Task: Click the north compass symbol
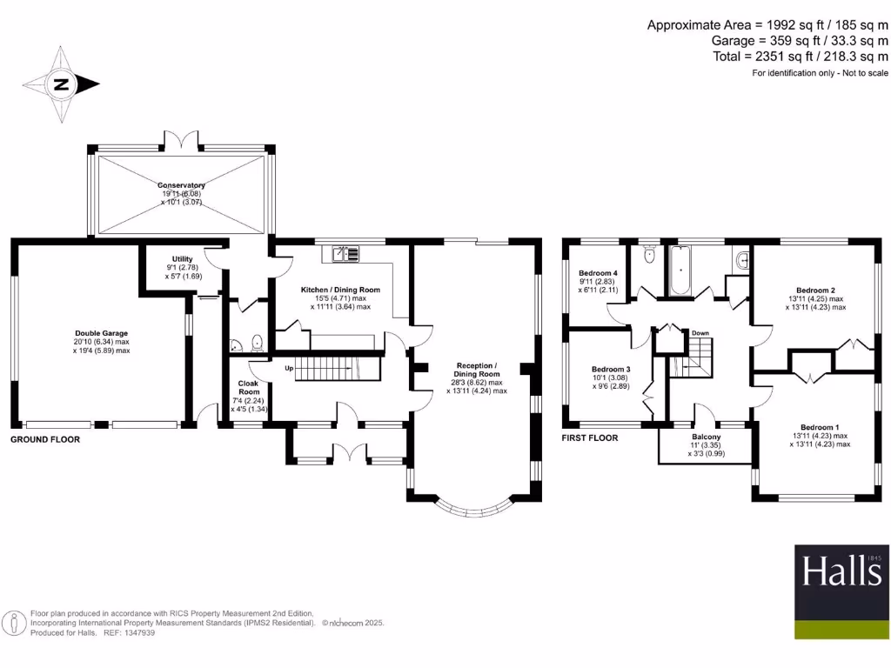[61, 85]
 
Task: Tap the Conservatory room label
[181, 185]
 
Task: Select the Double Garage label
[102, 332]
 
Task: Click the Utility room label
[182, 259]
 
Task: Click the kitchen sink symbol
[345, 254]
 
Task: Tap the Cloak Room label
[249, 387]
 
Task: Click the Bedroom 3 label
[610, 369]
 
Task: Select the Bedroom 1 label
[820, 427]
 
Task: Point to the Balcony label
[706, 437]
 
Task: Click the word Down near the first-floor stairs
[700, 333]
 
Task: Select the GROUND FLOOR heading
[45, 440]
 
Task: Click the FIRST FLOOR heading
[590, 438]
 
